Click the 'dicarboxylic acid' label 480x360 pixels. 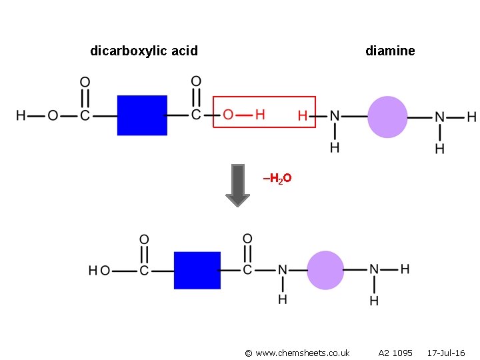click(x=143, y=51)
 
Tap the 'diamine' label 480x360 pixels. click(x=390, y=51)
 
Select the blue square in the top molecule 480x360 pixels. click(x=142, y=115)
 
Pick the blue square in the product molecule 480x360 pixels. click(x=197, y=270)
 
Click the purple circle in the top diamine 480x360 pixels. click(x=387, y=117)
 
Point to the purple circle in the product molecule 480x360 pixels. click(x=326, y=270)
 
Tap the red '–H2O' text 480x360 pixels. click(x=277, y=179)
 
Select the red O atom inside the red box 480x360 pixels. click(x=228, y=115)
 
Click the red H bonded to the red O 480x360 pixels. click(x=260, y=115)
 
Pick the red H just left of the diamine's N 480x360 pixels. click(x=303, y=116)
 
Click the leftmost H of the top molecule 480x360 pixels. click(x=21, y=116)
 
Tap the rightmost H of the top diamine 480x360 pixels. click(x=471, y=117)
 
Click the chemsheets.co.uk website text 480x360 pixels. click(x=297, y=353)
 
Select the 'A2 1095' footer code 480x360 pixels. click(x=395, y=353)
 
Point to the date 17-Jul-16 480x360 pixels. click(x=446, y=353)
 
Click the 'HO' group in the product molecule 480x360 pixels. click(x=99, y=271)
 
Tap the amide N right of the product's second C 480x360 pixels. click(x=282, y=271)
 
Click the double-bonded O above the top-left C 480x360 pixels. click(x=85, y=83)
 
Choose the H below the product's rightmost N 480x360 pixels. click(x=374, y=301)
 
